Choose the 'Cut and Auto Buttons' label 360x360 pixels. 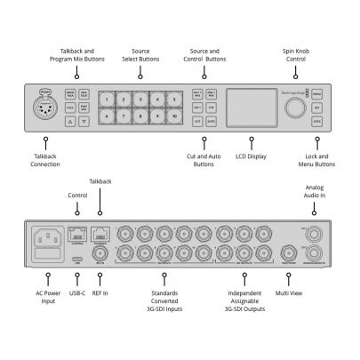pyautogui.click(x=204, y=160)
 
